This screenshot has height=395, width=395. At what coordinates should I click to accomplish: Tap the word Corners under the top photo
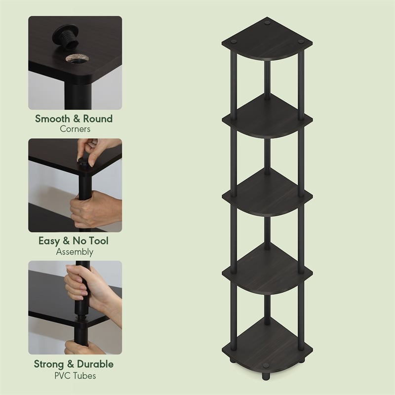coord(75,129)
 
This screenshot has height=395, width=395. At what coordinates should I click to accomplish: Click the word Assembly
coord(75,252)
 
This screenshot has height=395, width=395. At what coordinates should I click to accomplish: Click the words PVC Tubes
coord(75,375)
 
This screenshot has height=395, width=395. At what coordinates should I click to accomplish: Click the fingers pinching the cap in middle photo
coord(94,148)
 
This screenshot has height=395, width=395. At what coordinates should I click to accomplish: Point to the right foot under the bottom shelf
coord(301,374)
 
